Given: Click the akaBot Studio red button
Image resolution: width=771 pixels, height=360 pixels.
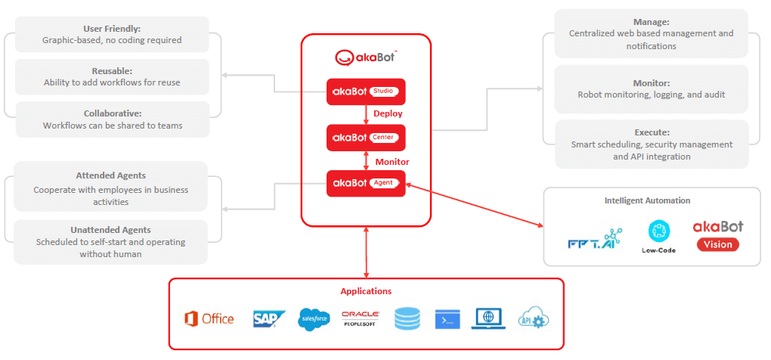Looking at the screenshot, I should click(366, 92).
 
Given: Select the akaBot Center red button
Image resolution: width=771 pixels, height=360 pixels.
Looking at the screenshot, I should click(366, 138).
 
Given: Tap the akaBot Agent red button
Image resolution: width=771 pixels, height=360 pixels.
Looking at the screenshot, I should click(366, 183).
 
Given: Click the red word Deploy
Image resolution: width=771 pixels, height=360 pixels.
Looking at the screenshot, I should click(388, 113).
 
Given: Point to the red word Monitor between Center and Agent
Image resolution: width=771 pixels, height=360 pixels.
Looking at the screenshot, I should click(392, 162).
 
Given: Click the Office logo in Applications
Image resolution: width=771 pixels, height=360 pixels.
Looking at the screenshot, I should click(209, 318).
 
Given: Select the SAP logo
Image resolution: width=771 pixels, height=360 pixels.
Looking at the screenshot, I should click(268, 318).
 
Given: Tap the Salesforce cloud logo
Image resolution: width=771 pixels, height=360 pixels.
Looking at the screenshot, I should click(314, 319).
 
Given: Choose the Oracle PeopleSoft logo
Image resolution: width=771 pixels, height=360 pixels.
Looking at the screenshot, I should click(361, 318).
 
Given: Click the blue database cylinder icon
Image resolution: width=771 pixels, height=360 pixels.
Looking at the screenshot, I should click(407, 319).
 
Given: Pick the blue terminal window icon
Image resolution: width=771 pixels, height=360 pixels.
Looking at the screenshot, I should click(447, 319).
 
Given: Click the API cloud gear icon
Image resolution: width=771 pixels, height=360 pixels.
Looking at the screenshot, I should click(534, 318).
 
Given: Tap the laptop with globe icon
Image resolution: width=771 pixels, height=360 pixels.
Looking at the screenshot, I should click(488, 318).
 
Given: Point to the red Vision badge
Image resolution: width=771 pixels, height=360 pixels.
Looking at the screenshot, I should click(718, 244).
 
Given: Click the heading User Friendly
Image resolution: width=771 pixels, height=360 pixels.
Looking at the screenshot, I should click(112, 28).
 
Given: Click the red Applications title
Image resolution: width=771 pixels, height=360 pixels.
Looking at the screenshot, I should click(366, 290).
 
